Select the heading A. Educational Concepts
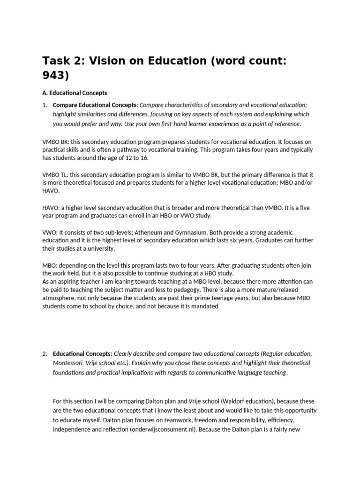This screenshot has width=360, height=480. [75, 93]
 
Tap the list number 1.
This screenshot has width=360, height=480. [45, 105]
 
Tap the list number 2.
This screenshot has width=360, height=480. [45, 353]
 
